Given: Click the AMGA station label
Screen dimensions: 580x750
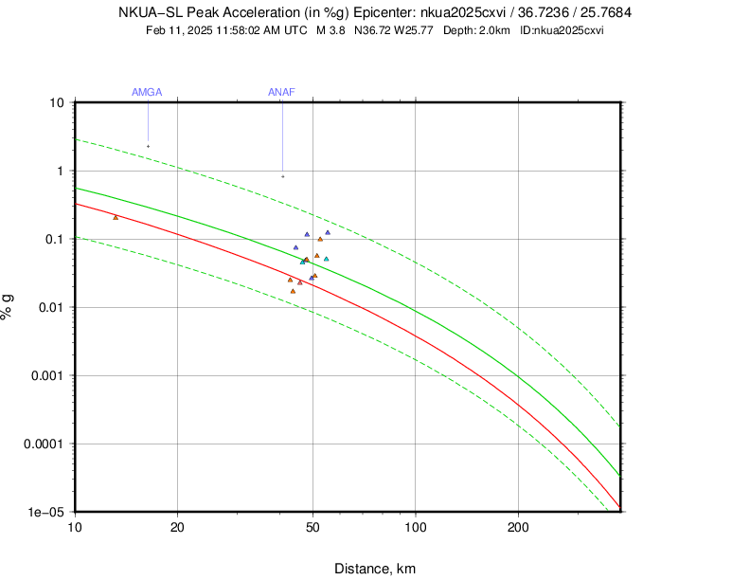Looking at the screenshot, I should click(147, 92).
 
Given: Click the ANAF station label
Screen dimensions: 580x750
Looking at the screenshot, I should click(281, 92).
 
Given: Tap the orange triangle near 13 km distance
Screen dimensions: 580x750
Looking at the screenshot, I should click(116, 217).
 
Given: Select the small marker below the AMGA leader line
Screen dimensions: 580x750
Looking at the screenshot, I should click(148, 146).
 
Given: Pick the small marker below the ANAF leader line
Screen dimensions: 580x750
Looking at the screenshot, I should click(282, 176).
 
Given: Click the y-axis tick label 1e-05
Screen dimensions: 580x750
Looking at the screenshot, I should click(46, 512).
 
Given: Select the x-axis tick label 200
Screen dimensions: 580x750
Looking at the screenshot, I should click(518, 527).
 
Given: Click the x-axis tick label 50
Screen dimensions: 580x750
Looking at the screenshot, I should click(312, 527).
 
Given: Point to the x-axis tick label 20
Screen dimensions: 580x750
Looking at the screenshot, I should click(177, 527).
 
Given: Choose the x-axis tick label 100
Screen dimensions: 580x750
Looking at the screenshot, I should click(415, 527).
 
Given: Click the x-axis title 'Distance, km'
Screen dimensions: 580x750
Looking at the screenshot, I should click(375, 569).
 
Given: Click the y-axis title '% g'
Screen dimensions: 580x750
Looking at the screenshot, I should click(9, 307).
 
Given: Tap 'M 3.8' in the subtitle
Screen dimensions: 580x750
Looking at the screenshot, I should click(331, 30).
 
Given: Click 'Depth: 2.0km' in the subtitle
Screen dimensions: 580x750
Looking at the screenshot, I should click(478, 30).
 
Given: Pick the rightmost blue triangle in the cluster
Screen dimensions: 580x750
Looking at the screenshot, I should click(328, 232).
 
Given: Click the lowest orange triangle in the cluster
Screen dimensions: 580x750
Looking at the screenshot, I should click(293, 291).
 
